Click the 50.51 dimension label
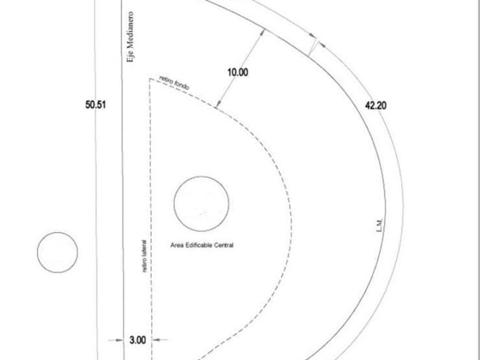tap(95, 105)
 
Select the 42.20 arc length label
tap(375, 106)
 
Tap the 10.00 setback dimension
tap(238, 73)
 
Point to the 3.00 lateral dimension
tap(138, 340)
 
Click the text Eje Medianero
tap(130, 37)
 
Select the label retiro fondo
tap(174, 83)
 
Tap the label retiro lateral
tap(145, 256)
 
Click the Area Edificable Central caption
tap(202, 245)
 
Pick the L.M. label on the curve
tap(379, 225)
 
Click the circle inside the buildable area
tap(201, 177)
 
